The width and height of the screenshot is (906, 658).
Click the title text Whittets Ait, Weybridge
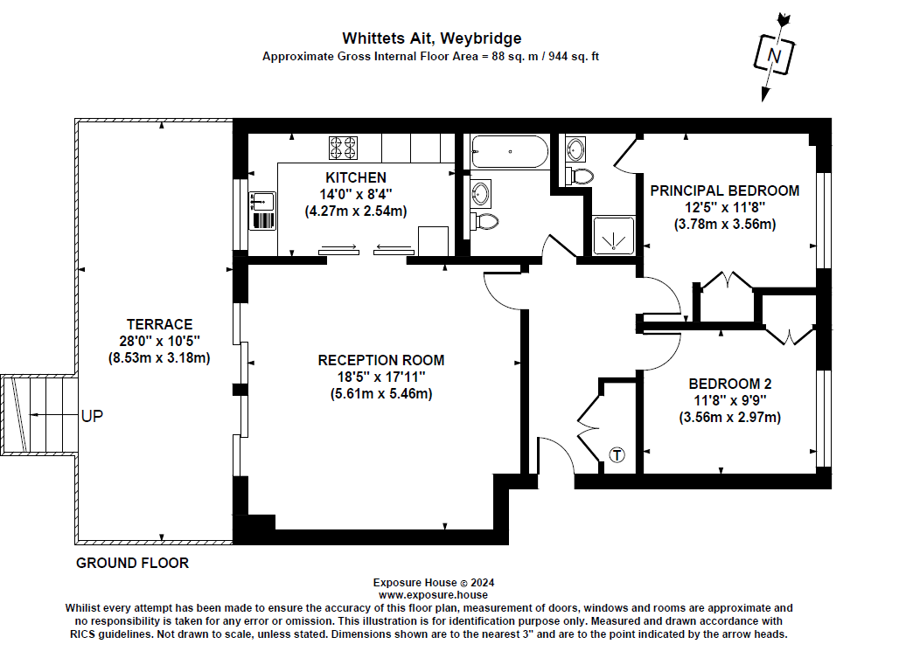pos(431,38)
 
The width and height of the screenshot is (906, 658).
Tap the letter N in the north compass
pos(773,56)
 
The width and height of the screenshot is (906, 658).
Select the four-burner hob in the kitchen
pos(342,149)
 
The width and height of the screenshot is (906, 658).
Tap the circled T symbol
pos(617,455)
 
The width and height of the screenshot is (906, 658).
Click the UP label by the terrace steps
pos(92,416)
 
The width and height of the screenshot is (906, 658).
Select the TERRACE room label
pos(158,324)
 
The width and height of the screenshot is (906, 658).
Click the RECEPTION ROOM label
pos(380,360)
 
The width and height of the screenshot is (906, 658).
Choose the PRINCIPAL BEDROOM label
pos(724,190)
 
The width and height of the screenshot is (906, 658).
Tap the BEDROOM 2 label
pos(729,384)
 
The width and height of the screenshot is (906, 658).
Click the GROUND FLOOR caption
pos(132,563)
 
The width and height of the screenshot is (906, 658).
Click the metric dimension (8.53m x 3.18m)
pos(158,357)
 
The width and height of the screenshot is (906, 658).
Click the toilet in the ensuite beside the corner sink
pos(579,176)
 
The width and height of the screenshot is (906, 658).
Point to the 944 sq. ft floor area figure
pos(568,55)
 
